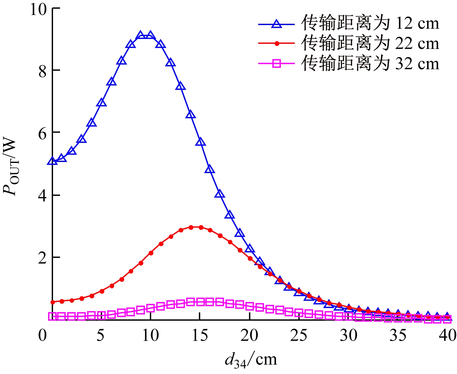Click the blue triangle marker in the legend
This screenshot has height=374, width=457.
click(x=277, y=23)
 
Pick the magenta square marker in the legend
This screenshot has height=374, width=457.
click(x=277, y=64)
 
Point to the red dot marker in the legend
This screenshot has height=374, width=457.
click(x=277, y=44)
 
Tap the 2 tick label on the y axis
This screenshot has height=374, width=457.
click(x=43, y=257)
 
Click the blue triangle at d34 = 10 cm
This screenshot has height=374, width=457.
click(x=150, y=35)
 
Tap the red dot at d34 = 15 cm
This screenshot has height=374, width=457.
click(x=201, y=227)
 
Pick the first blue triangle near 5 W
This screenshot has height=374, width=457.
click(x=52, y=161)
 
